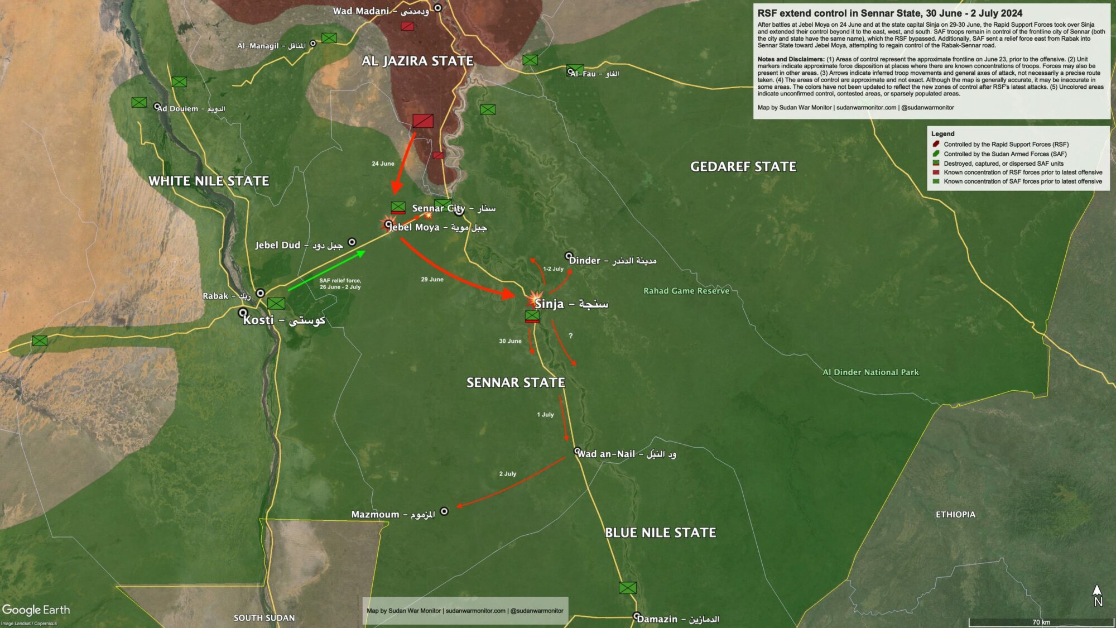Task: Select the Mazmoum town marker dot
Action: [x=444, y=511]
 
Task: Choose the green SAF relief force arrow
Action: [x=326, y=271]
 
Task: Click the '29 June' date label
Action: [x=432, y=279]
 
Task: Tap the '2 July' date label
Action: [x=507, y=473]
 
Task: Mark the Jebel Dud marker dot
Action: [x=352, y=242]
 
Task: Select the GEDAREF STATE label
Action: [x=743, y=166]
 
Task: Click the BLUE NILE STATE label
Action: [x=660, y=533]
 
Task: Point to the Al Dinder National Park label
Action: [x=870, y=372]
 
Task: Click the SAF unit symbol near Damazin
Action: [x=627, y=587]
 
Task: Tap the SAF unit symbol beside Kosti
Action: [x=276, y=303]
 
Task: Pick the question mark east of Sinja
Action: [x=570, y=335]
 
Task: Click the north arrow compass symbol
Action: [x=1097, y=596]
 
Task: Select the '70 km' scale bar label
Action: [x=1041, y=622]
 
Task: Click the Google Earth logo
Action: [x=36, y=610]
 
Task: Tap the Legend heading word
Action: [x=942, y=134]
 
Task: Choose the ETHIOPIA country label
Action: [x=955, y=514]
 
